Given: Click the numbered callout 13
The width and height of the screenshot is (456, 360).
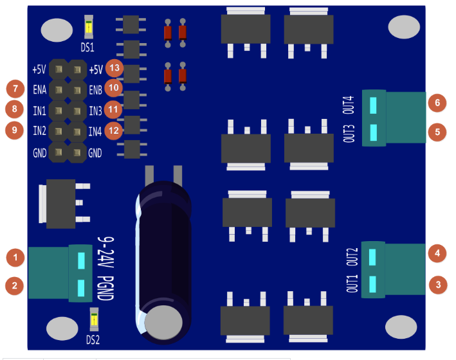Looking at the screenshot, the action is click(114, 68).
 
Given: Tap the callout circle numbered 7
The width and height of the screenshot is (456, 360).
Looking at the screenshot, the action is click(15, 89).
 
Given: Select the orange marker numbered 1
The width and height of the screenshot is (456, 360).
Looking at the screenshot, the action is click(15, 257).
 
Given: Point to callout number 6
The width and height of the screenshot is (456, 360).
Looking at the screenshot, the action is click(437, 103).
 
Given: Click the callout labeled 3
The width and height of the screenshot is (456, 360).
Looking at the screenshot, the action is click(438, 285).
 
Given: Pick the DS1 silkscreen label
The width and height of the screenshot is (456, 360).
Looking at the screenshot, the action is click(87, 48).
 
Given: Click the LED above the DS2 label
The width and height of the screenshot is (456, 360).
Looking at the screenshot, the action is click(94, 319).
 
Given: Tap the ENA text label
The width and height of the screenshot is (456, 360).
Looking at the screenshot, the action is click(39, 89).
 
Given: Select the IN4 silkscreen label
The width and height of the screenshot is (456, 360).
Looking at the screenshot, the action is click(95, 131).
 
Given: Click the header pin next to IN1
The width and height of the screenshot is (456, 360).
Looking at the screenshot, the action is click(59, 111).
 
